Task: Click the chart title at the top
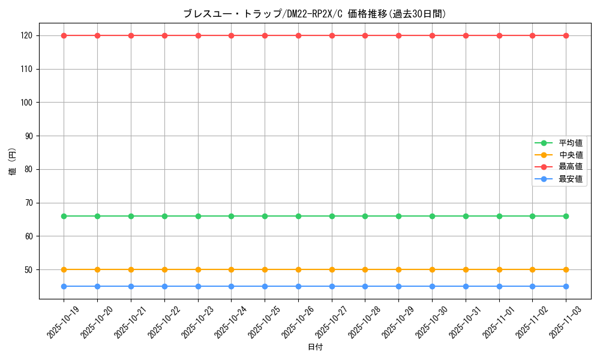(x=314, y=14)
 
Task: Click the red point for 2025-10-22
(x=164, y=35)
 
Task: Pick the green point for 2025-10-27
(x=332, y=216)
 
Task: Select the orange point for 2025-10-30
(x=432, y=269)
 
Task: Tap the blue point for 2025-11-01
(x=499, y=286)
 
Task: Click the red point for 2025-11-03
(x=566, y=35)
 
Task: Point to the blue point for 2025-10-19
(x=64, y=286)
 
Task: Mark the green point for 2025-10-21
(x=131, y=216)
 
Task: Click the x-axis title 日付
(x=314, y=347)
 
